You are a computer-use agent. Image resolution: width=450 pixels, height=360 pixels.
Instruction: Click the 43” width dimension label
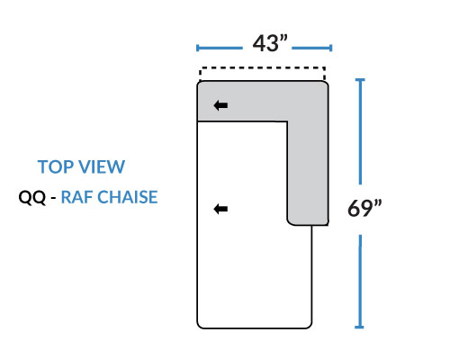[270, 43]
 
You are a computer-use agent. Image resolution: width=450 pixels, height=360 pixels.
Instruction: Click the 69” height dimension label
[364, 208]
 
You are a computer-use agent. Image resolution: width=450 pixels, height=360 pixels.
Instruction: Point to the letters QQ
[32, 197]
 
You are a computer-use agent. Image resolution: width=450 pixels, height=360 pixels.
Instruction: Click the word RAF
[77, 197]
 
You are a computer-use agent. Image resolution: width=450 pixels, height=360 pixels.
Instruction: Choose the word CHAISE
[128, 197]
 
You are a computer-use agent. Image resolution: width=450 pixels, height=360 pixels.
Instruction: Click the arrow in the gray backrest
[220, 105]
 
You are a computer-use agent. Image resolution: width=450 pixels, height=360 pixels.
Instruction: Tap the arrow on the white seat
[220, 209]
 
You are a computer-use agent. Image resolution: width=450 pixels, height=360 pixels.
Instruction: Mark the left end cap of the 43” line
[197, 48]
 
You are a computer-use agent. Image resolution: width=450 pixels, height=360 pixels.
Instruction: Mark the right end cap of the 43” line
[330, 48]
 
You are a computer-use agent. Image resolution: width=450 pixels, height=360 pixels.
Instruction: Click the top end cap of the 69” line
[360, 80]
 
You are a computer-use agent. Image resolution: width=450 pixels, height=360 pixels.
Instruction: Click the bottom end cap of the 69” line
[359, 327]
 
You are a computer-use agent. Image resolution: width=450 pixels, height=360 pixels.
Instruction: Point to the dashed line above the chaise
[262, 68]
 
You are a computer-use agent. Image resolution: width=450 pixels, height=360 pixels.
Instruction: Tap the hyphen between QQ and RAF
[53, 199]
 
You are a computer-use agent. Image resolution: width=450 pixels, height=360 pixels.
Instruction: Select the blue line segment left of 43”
[220, 48]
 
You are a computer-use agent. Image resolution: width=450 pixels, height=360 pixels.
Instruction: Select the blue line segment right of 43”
[312, 48]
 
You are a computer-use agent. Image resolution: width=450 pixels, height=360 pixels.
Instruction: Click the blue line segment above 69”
[360, 131]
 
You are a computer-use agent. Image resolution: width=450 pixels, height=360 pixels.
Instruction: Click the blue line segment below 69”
[360, 282]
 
